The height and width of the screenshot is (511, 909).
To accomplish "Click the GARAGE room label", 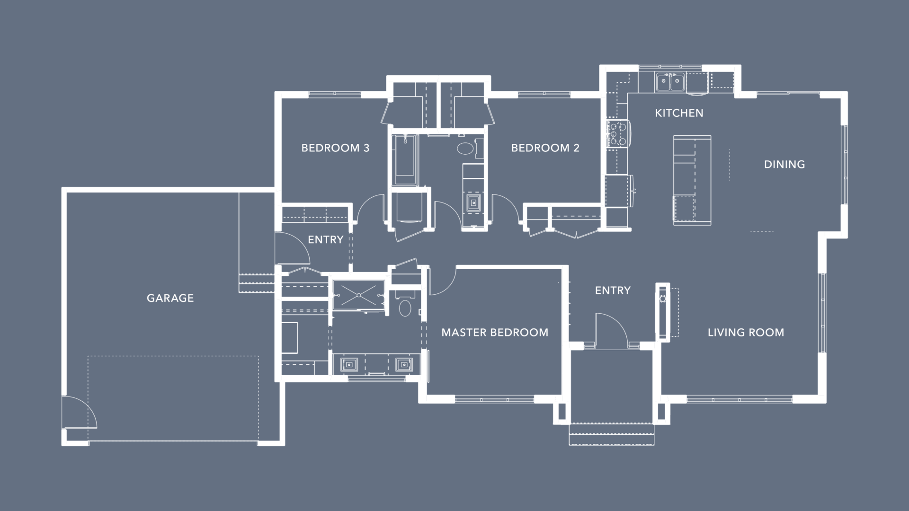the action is (x=170, y=298).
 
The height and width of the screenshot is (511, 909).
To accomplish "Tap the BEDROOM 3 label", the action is (x=335, y=148).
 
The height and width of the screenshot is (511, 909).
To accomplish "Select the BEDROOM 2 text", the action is (x=545, y=148).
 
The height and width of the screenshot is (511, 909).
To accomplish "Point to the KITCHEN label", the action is (x=679, y=113).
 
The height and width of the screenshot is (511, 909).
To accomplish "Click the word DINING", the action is (x=784, y=165).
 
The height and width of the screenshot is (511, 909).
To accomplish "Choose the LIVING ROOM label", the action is (x=746, y=333).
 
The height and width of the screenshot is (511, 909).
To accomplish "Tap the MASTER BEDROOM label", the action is (x=495, y=333).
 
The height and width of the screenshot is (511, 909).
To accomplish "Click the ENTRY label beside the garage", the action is (x=325, y=240).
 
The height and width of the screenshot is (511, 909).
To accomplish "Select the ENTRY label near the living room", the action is (x=613, y=291).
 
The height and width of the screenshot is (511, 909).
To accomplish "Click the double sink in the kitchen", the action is (x=670, y=82).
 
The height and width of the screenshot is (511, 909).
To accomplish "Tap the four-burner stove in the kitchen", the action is (x=618, y=134).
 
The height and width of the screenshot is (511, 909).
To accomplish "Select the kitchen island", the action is (x=692, y=180).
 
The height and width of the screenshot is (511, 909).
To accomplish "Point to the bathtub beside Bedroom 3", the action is (x=405, y=160).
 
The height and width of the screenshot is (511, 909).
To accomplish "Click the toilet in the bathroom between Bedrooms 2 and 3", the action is (x=465, y=148).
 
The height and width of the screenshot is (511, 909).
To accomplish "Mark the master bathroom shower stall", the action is (x=359, y=295).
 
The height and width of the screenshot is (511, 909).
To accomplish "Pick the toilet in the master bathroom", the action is (x=405, y=305).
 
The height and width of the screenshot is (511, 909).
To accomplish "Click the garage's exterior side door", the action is (x=79, y=412).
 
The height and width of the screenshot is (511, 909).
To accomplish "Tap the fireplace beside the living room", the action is (x=663, y=312).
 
